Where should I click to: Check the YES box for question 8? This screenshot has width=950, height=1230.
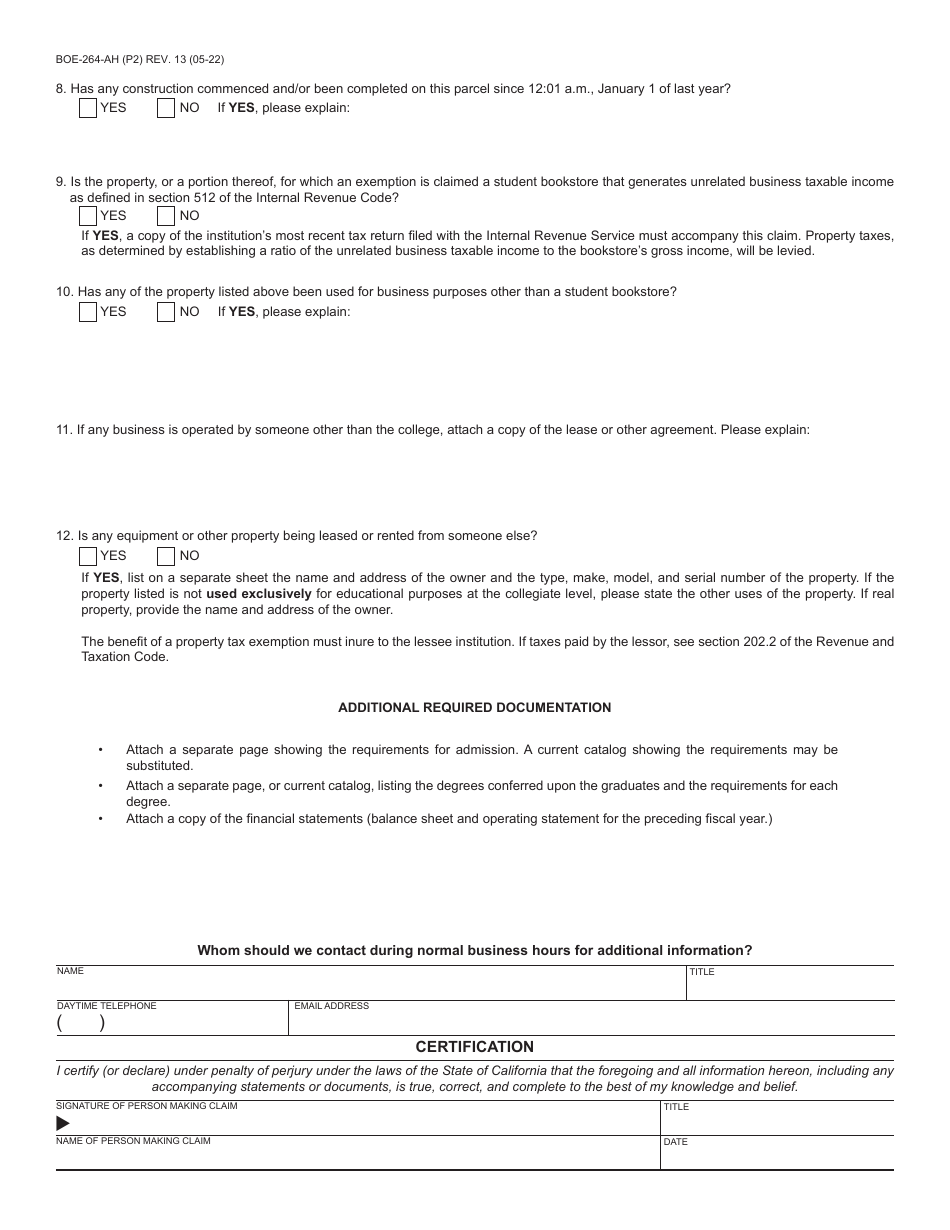88,108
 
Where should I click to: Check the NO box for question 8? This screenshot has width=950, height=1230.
166,108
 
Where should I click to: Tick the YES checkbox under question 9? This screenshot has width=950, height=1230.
88,216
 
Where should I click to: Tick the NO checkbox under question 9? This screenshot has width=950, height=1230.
166,216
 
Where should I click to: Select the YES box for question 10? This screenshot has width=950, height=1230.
88,312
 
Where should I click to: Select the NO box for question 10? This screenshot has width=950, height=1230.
166,312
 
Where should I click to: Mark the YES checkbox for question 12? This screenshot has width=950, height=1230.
88,556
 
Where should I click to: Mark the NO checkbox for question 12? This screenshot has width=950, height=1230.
166,556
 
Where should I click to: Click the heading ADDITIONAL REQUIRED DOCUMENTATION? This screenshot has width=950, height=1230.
474,707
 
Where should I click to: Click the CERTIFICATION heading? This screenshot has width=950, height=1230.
474,1047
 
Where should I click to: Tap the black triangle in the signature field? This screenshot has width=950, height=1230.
63,1124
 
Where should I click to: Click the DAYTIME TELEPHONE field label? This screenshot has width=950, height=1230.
107,1006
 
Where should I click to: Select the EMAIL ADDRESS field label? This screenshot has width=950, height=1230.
331,1006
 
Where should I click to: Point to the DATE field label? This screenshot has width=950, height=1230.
676,1142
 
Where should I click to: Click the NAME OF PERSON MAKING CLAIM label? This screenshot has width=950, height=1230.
133,1141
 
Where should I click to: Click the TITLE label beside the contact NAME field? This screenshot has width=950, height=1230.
701,972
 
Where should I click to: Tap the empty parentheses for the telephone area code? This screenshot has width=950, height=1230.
81,1023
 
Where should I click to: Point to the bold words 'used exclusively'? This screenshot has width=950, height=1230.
258,594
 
